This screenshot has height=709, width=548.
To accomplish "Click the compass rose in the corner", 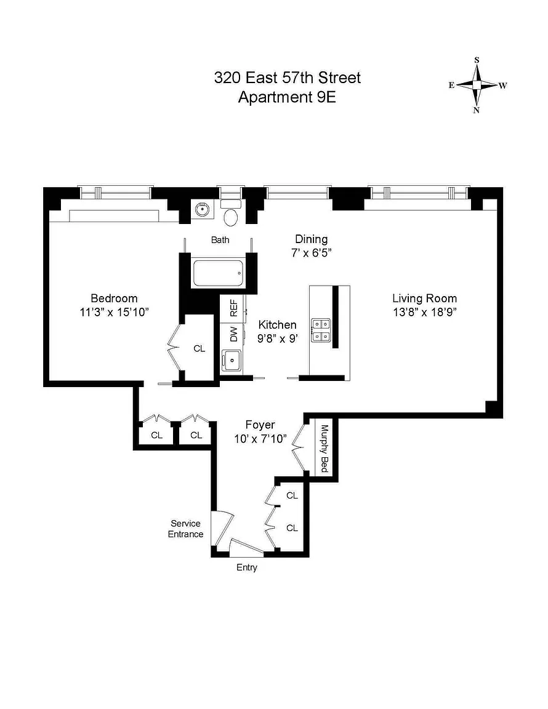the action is [x=477, y=85].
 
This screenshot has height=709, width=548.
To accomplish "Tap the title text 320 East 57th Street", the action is [x=288, y=78].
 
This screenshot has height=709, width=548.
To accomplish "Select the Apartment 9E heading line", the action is [x=287, y=97].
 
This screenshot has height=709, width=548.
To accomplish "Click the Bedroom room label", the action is [x=114, y=298].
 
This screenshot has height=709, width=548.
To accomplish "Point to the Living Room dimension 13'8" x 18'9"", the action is [x=424, y=312].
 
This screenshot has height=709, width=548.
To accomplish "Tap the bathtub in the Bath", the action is [x=219, y=273].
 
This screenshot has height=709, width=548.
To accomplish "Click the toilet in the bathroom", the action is [x=232, y=212].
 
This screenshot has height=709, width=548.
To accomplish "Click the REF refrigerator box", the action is [x=233, y=308].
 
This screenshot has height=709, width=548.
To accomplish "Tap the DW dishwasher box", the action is [x=233, y=335].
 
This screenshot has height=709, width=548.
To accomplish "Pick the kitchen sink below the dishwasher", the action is [x=232, y=361].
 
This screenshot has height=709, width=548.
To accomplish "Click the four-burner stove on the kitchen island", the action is [x=320, y=330].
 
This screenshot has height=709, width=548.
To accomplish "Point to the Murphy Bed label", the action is [x=324, y=448].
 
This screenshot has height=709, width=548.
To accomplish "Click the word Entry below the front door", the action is [x=247, y=567].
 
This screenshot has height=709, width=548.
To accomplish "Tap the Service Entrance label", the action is [x=185, y=529].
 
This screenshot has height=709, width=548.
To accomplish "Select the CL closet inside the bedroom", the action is [x=199, y=348].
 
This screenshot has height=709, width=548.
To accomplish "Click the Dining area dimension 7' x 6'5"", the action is [x=312, y=253].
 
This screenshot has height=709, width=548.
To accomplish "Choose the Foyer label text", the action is [x=260, y=425].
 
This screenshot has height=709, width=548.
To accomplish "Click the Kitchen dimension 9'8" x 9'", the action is [x=278, y=338].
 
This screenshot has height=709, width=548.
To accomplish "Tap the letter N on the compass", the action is [x=477, y=110].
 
